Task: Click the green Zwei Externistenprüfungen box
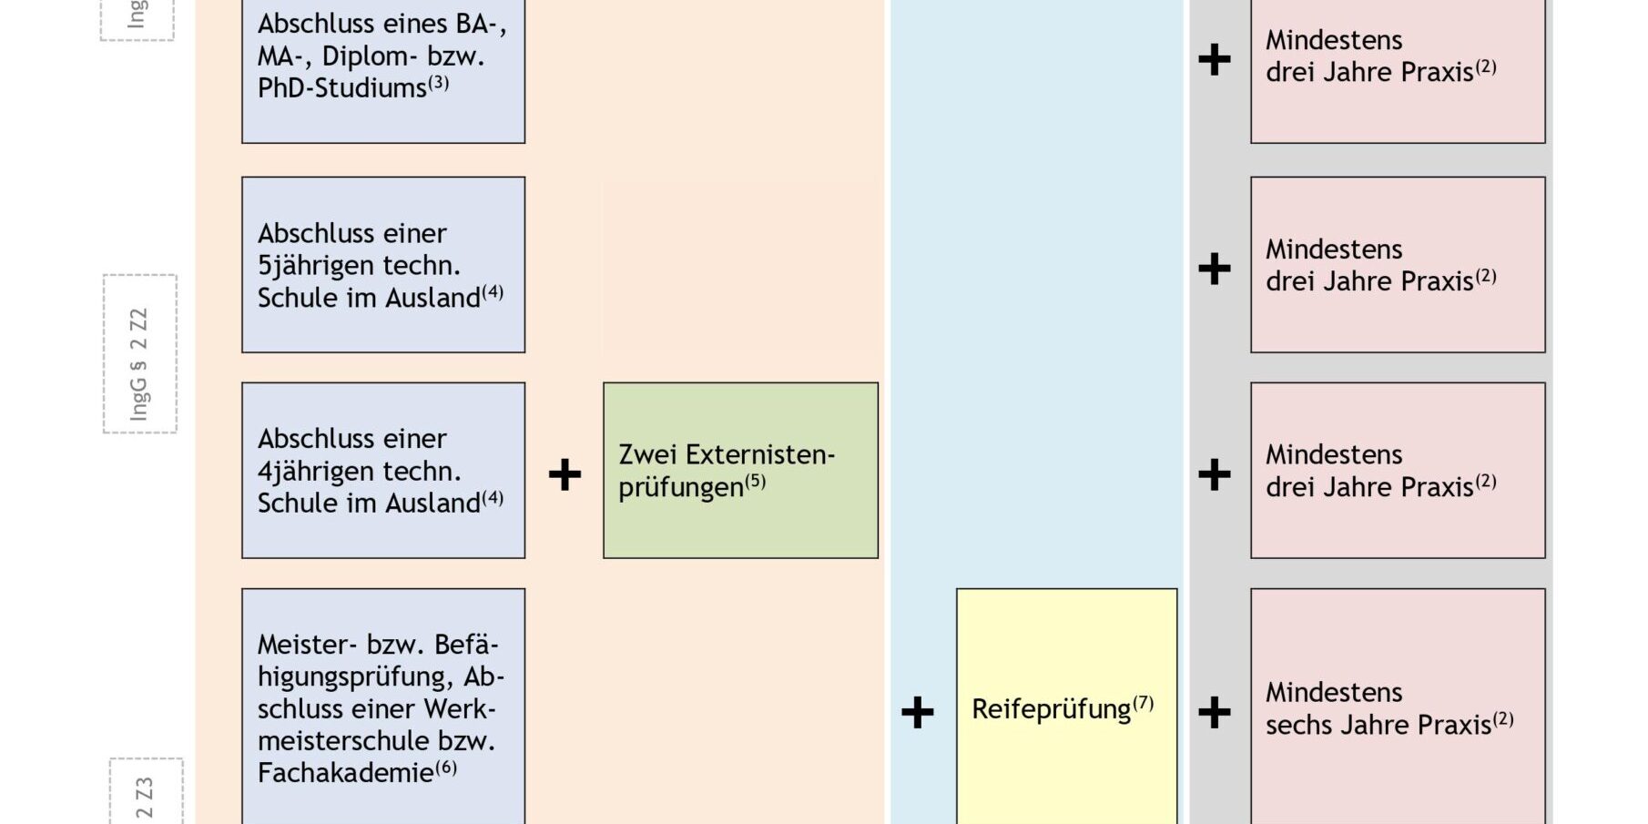pos(740,470)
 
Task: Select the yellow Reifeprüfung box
pos(1066,707)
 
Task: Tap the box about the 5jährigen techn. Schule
pos(383,264)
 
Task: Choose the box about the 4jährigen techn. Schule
pos(383,470)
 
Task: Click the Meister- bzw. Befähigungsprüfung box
pos(383,707)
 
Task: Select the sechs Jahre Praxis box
pos(1398,707)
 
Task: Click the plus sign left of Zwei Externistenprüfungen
pos(565,474)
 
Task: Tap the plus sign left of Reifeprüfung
pos(917,712)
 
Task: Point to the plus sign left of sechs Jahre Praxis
pos(1214,712)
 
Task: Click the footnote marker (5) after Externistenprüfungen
pos(756,481)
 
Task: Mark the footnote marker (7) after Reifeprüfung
pos(1143,703)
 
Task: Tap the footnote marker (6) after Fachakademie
pos(446,767)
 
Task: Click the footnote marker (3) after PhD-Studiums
pos(439,82)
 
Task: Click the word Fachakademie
pos(345,773)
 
